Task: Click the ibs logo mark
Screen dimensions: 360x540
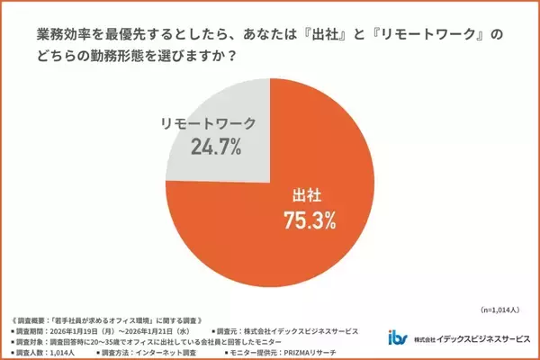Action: tap(397, 338)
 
